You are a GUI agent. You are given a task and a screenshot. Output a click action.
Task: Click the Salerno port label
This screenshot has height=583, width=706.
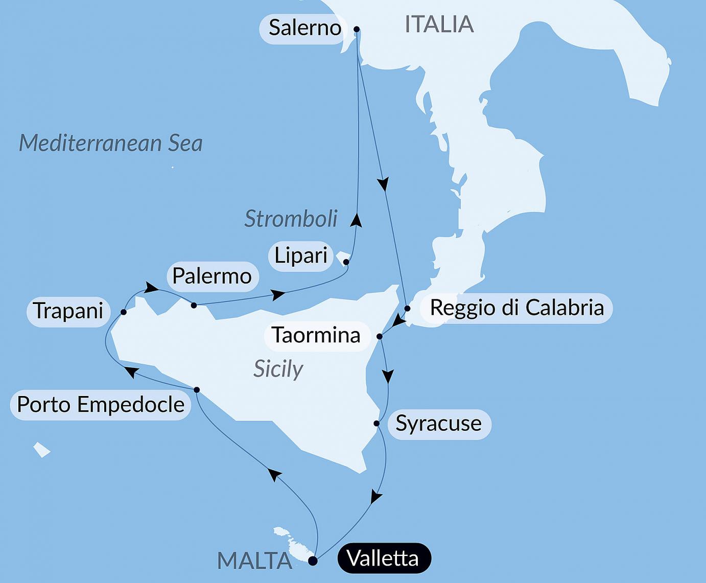click(x=304, y=28)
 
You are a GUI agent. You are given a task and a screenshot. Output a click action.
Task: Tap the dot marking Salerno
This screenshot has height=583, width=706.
click(x=357, y=29)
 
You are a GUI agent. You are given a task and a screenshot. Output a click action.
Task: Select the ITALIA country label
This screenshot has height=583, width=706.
click(x=439, y=25)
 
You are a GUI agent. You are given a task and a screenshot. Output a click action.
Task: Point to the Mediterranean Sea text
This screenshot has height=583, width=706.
click(x=111, y=143)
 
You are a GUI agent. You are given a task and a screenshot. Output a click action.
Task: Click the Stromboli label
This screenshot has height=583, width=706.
click(x=291, y=219)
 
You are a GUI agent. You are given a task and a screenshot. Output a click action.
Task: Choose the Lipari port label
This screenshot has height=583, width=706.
click(x=301, y=255)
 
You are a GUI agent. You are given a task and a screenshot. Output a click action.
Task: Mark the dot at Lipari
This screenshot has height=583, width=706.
click(x=346, y=262)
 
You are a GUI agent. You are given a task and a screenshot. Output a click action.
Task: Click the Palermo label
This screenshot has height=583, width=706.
click(x=212, y=276)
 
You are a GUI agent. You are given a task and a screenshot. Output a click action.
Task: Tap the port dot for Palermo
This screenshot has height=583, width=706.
click(x=194, y=305)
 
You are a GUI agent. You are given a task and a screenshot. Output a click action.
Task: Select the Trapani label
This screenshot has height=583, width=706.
click(x=68, y=311)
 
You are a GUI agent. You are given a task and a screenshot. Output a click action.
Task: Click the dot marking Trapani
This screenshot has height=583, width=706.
click(x=124, y=312)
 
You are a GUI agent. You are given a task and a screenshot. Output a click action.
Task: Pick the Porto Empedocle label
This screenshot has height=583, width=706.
click(x=101, y=405)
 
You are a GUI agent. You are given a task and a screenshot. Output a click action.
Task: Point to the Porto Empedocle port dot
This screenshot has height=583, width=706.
click(x=197, y=390)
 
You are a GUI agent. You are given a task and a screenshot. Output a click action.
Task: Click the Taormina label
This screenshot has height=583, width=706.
click(x=316, y=335)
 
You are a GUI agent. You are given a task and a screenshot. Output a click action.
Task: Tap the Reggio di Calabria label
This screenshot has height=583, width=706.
click(x=516, y=308)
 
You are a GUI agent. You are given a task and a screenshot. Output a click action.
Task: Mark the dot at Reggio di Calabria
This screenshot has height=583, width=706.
click(x=407, y=308)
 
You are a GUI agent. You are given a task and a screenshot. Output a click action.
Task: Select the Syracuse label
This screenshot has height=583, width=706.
click(x=439, y=424)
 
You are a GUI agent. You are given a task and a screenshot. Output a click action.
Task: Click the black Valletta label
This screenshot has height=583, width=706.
click(x=383, y=558)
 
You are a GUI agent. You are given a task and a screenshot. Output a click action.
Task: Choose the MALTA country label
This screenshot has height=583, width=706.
click(x=254, y=561)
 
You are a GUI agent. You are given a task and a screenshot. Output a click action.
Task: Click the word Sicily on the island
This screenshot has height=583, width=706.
click(x=278, y=368)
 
